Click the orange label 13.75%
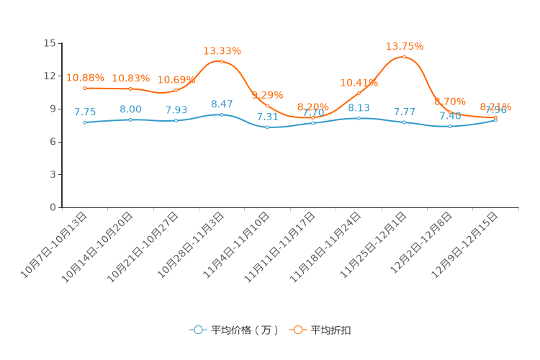(405, 47)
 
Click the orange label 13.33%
(222, 51)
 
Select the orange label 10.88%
(85, 78)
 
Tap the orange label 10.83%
(130, 78)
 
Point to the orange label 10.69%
(176, 80)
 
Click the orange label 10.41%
(359, 83)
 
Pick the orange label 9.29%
(267, 95)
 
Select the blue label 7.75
(85, 112)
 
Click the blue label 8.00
(130, 109)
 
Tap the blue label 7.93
(176, 110)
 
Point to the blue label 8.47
(222, 104)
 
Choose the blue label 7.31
(267, 117)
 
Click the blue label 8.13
(359, 108)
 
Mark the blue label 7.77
(405, 112)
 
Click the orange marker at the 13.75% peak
(405, 57)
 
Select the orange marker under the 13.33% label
(222, 61)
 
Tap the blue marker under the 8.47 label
(222, 114)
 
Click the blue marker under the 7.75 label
(85, 122)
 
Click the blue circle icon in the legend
(198, 330)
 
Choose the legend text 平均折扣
(330, 330)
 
